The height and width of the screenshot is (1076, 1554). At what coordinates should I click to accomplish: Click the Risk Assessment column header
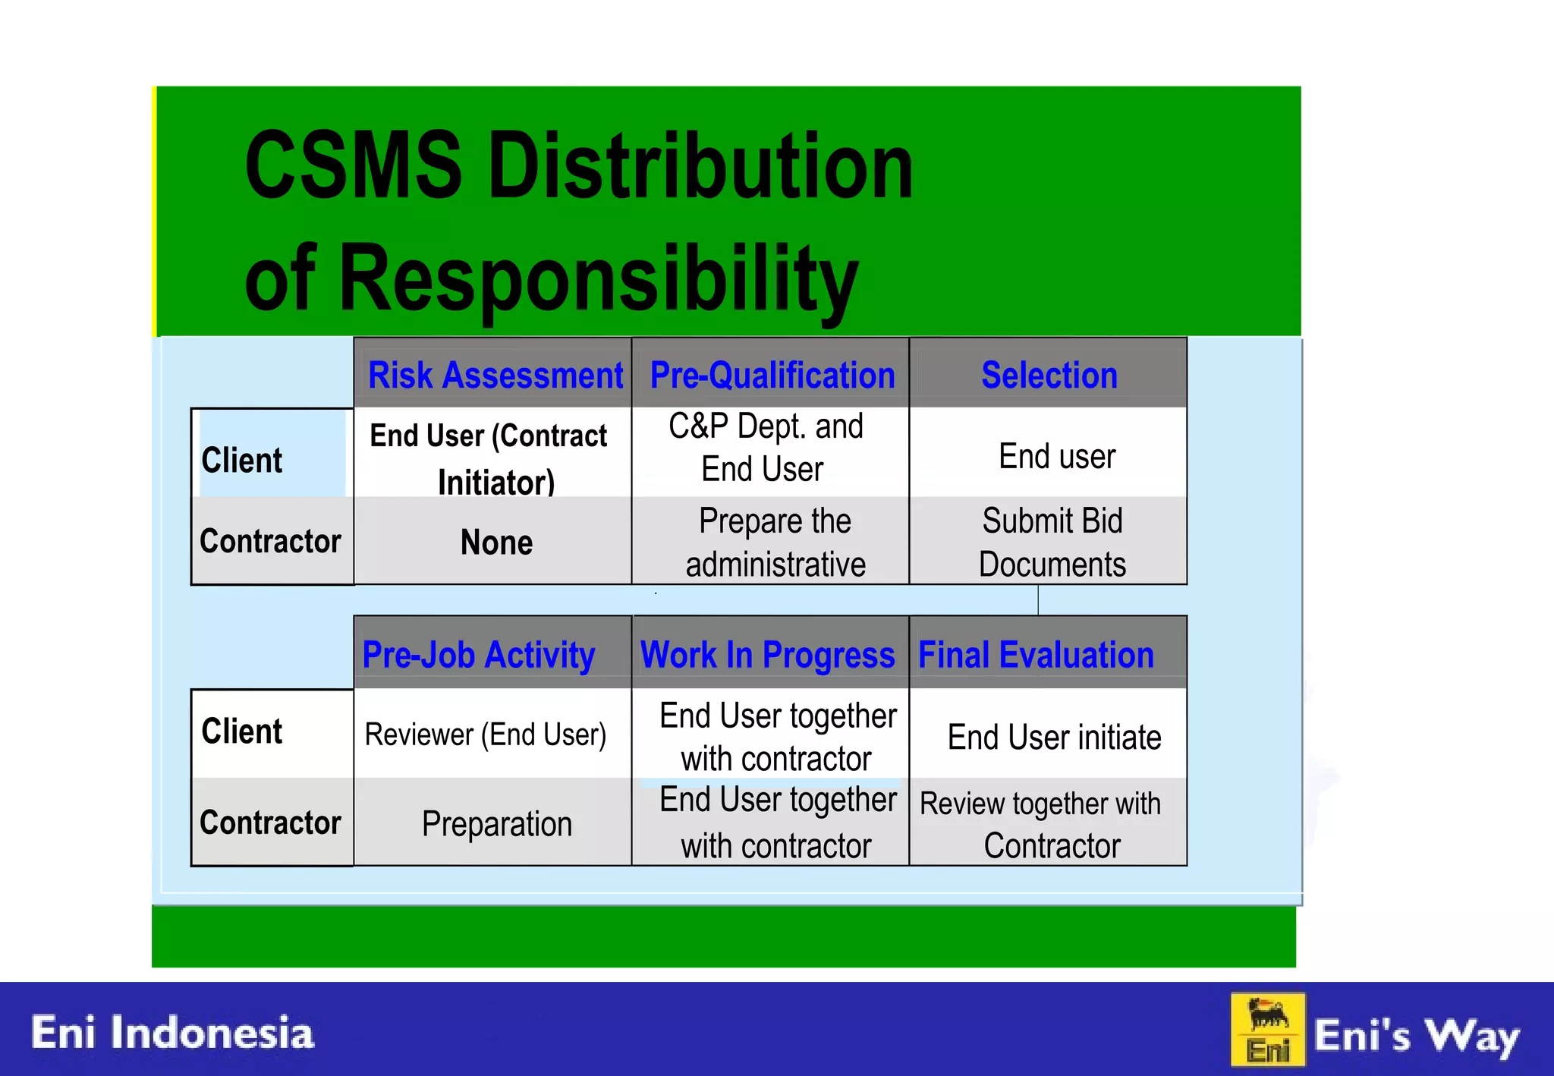coord(495,375)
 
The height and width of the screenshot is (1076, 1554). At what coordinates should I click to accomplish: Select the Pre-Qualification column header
coord(772,375)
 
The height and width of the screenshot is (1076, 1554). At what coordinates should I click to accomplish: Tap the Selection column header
coord(1049,375)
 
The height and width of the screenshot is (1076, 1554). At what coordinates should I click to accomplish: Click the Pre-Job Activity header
coord(479,654)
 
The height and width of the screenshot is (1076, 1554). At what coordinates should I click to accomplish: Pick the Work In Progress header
coord(768,654)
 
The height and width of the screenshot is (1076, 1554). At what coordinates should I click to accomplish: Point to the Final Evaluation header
coord(1036,654)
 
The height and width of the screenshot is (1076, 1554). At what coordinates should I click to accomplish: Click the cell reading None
coord(496,542)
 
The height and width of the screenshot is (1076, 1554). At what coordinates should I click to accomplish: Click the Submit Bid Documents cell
coord(1052,542)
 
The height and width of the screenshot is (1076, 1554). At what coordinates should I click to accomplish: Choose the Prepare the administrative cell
coord(774,542)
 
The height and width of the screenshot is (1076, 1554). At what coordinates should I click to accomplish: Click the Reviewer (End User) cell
coord(486,735)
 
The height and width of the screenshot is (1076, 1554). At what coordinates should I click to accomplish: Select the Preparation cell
coord(496,824)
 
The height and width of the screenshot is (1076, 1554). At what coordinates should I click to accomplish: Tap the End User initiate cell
coord(1053,737)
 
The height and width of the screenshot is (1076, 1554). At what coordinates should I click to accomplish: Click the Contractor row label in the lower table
coord(270,823)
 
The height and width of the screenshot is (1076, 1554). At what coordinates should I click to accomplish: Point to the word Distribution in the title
coord(700,165)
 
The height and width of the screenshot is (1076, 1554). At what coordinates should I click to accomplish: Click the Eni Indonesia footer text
coord(172,1033)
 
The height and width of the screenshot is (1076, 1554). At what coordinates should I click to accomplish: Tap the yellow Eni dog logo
coord(1267,1030)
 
